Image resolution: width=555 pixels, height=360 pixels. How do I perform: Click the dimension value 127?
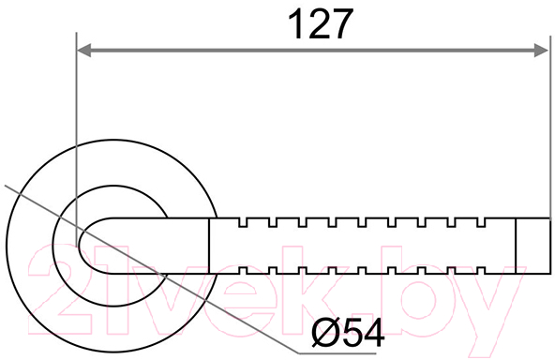click(x=321, y=23)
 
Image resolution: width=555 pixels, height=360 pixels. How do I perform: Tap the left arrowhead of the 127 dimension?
click(x=83, y=51)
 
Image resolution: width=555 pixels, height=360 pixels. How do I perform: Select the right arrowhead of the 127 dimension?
click(x=542, y=51)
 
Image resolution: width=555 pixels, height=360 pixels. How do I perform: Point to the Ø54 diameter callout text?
click(x=349, y=333)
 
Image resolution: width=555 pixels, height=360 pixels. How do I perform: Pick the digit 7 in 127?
click(x=342, y=24)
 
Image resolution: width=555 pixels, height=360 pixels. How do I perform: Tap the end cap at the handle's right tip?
click(x=533, y=246)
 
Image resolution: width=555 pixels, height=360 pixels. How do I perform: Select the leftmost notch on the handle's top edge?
click(x=243, y=222)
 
